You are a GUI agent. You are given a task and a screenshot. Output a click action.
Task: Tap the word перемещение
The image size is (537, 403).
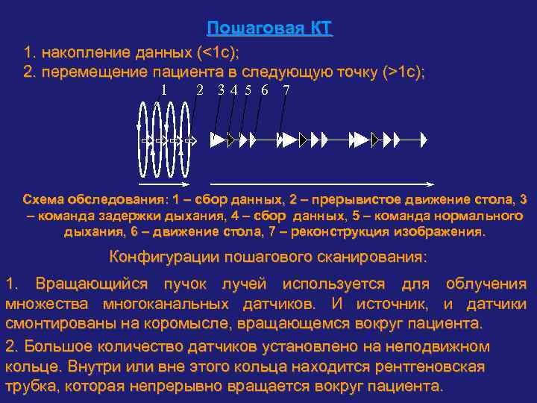point(96,72)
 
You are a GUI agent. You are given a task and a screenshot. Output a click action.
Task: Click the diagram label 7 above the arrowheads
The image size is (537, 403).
point(286,90)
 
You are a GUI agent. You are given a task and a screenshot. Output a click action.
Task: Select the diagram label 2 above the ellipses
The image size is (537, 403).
point(199,90)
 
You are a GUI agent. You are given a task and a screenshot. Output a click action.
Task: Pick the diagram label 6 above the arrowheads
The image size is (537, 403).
point(265,90)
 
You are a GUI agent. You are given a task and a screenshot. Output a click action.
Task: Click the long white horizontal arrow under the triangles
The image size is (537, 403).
point(320,183)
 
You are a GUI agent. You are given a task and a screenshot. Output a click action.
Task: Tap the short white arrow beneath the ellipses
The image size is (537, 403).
point(164,183)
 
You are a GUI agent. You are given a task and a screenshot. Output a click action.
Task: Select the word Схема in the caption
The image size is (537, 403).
point(43,200)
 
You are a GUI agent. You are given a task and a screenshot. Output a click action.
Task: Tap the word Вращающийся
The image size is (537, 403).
point(86,284)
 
